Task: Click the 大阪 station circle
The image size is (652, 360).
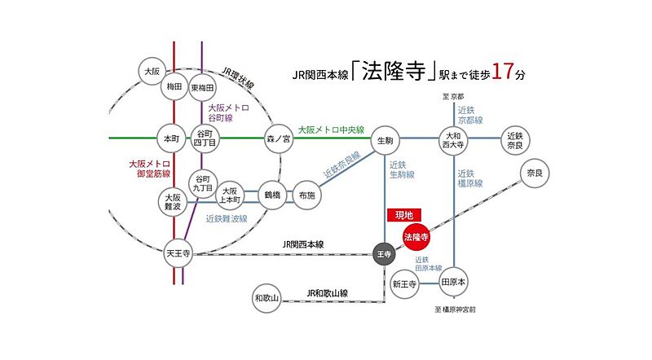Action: pos(152,71)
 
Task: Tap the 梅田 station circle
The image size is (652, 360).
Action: pos(173,87)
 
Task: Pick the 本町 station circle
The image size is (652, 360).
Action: pos(170,138)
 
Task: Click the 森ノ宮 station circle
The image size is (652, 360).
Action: pos(278,138)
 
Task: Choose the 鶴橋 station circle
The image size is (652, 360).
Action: pos(271,195)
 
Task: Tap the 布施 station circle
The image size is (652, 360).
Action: pos(308,195)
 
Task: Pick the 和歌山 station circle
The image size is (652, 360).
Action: pos(267,298)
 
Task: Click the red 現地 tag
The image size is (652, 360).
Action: pos(403,214)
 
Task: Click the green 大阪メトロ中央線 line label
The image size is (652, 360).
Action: pos(330,130)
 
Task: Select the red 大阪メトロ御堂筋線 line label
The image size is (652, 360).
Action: pos(149,169)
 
